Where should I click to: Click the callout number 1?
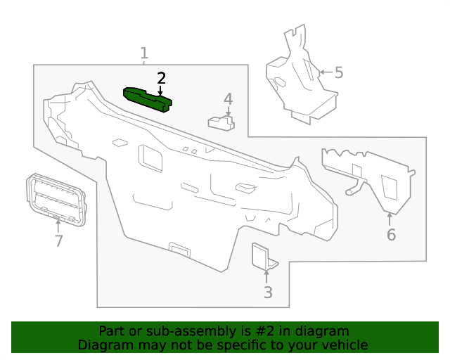pyautogui.click(x=144, y=53)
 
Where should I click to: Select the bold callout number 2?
pyautogui.click(x=161, y=78)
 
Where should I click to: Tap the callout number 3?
pyautogui.click(x=268, y=292)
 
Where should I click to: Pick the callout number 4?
pyautogui.click(x=228, y=99)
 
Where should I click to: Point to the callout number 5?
pyautogui.click(x=339, y=72)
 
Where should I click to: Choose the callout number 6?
pyautogui.click(x=391, y=235)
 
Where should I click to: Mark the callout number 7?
pyautogui.click(x=58, y=241)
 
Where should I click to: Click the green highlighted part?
pyautogui.click(x=147, y=99)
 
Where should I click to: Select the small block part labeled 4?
pyautogui.click(x=221, y=123)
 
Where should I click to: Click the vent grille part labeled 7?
pyautogui.click(x=56, y=200)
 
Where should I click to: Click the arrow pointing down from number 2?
pyautogui.click(x=160, y=90)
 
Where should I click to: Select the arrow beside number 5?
pyautogui.click(x=326, y=72)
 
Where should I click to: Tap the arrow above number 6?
pyautogui.click(x=390, y=219)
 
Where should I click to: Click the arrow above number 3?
pyautogui.click(x=266, y=276)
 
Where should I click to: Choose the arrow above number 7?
pyautogui.click(x=58, y=226)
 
